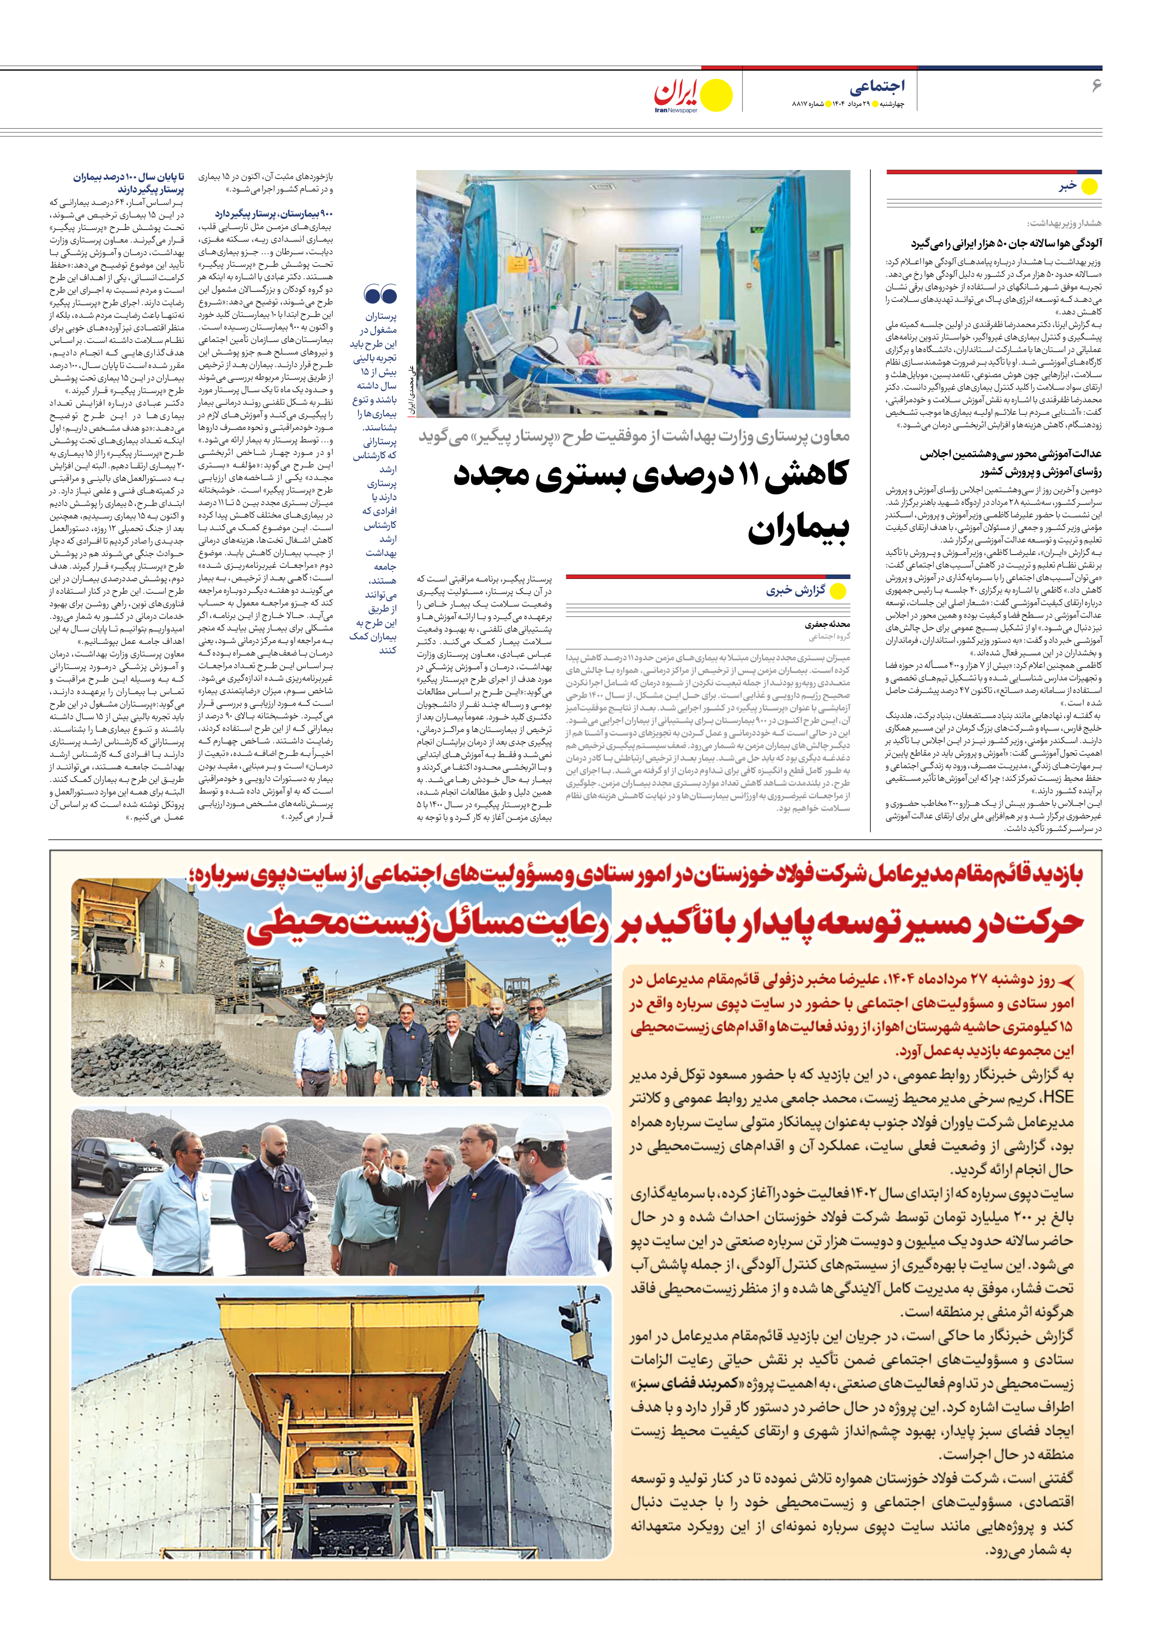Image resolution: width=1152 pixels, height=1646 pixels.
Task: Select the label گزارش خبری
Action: [x=796, y=591]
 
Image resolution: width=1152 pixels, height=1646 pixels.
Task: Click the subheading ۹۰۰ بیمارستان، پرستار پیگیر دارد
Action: [x=274, y=213]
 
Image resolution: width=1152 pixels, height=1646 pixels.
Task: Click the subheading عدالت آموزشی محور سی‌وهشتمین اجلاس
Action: [x=1011, y=454]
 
